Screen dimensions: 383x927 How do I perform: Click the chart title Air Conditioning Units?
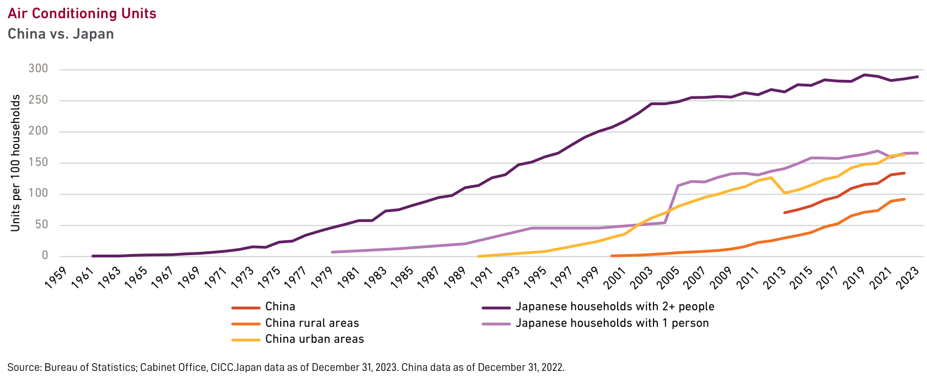pos(82,13)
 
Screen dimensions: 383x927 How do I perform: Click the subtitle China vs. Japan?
pos(61,34)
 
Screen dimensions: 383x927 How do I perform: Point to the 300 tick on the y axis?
pos(39,69)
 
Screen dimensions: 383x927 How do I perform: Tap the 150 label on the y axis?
pos(39,163)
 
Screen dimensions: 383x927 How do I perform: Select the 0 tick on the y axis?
pos(45,256)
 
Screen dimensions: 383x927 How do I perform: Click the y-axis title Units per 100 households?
pos(16,163)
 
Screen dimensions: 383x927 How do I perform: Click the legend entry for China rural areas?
pos(312,323)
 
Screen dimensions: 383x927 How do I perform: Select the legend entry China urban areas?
pos(314,339)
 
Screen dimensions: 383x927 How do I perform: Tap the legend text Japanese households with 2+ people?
pos(615,306)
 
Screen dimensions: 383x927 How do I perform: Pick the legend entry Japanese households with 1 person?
pos(612,323)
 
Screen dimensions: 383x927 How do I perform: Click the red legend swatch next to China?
pos(246,308)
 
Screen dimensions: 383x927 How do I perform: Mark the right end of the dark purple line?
pos(918,77)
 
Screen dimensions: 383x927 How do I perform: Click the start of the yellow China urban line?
pos(479,256)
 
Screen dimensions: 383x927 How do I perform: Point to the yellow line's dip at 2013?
pos(784,193)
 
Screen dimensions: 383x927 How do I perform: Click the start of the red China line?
pos(784,213)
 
